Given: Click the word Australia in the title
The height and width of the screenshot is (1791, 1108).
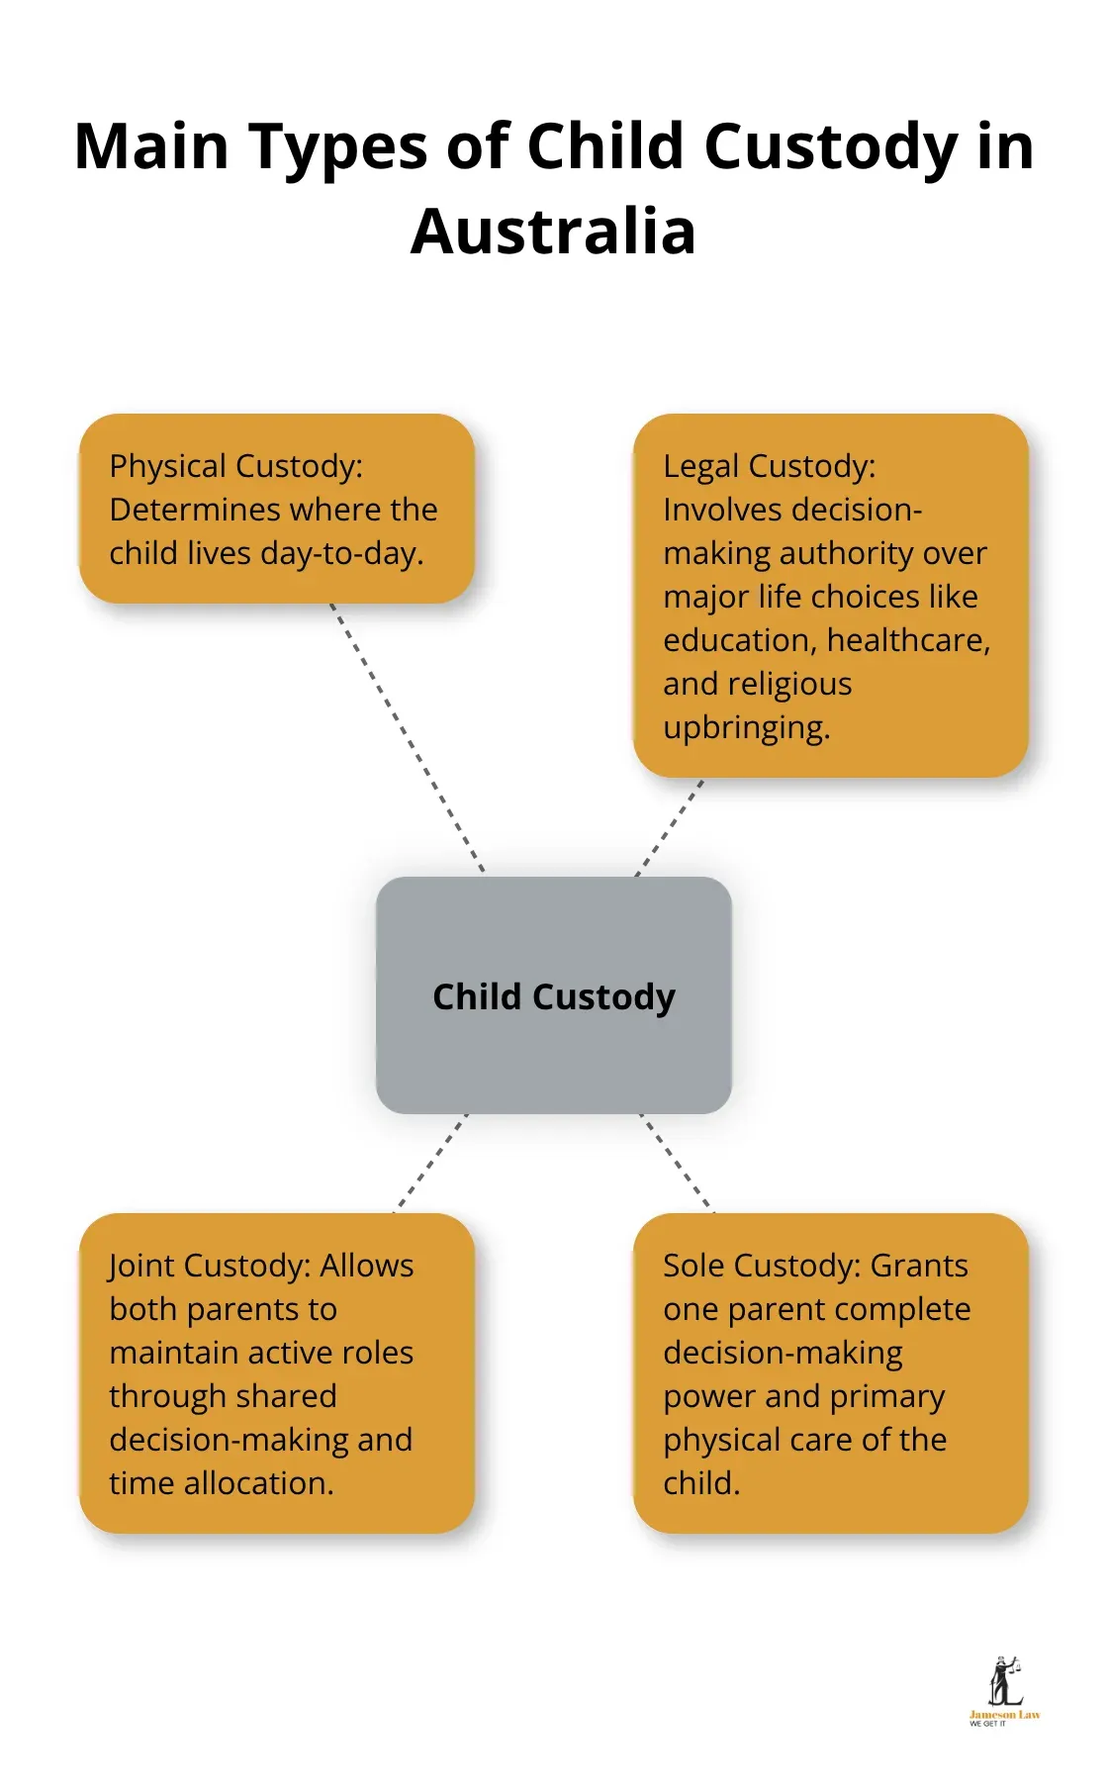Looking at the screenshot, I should [x=553, y=232].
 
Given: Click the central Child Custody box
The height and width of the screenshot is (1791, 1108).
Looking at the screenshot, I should [x=553, y=995].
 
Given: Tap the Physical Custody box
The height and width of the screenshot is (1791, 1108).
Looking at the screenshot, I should [x=276, y=509].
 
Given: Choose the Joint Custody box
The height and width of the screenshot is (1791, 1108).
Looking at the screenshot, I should [x=276, y=1373].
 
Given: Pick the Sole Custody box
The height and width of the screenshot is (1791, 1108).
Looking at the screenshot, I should [x=830, y=1373].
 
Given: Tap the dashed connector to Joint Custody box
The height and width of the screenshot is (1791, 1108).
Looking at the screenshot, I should [x=431, y=1162].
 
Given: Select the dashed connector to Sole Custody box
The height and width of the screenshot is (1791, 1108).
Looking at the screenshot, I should [x=677, y=1162].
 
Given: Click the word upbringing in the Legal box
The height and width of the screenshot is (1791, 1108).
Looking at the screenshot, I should [x=746, y=727].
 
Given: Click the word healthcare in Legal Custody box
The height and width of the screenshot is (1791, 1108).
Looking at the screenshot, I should [x=907, y=640].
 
